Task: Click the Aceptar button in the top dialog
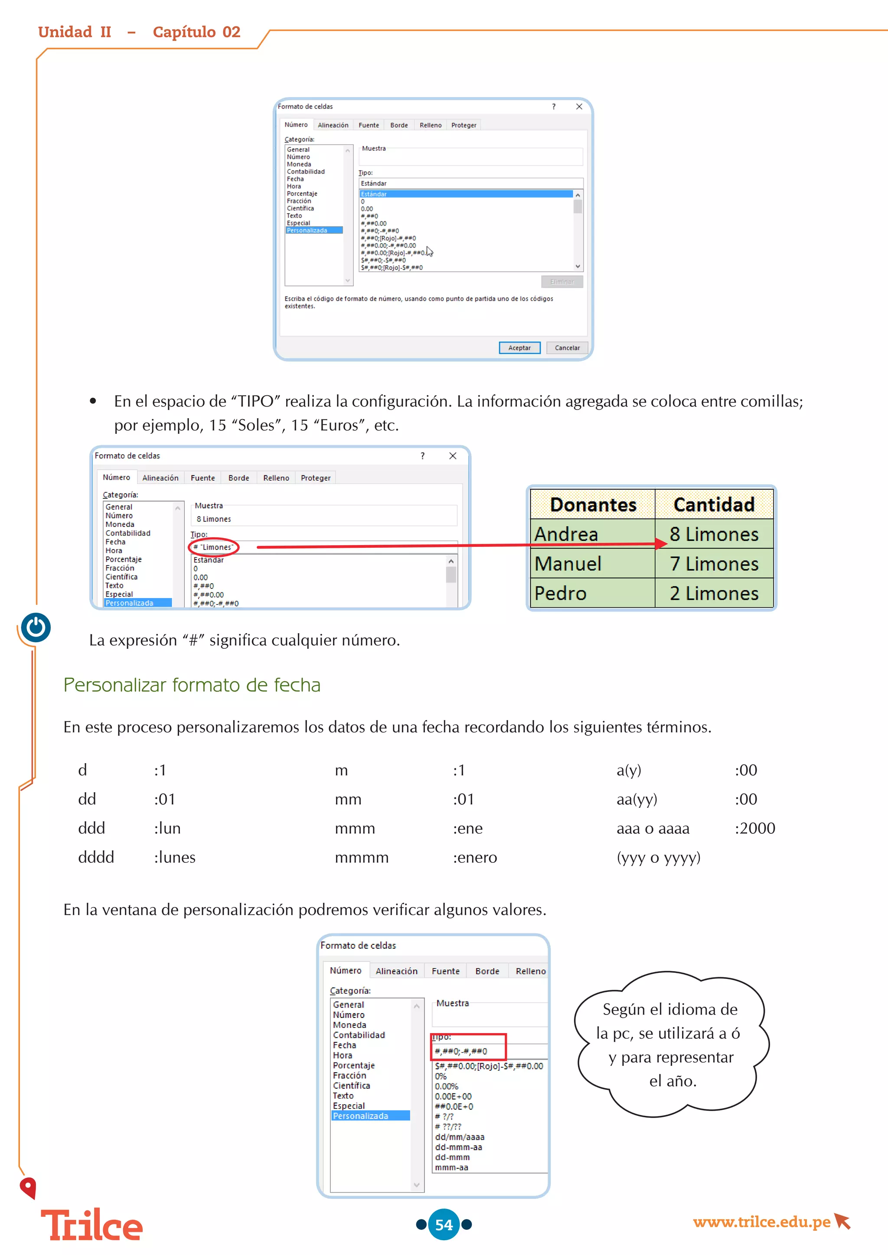click(519, 348)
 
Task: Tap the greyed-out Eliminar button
click(562, 282)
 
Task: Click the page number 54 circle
click(444, 1224)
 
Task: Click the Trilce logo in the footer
click(91, 1226)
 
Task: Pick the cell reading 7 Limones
click(714, 563)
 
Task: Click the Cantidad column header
click(714, 504)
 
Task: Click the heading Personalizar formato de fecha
click(192, 685)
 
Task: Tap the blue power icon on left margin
click(36, 627)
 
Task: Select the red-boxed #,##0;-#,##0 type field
click(468, 1050)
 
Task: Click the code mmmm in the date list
click(362, 857)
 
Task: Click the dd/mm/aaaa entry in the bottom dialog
click(459, 1137)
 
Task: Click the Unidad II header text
click(75, 32)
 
